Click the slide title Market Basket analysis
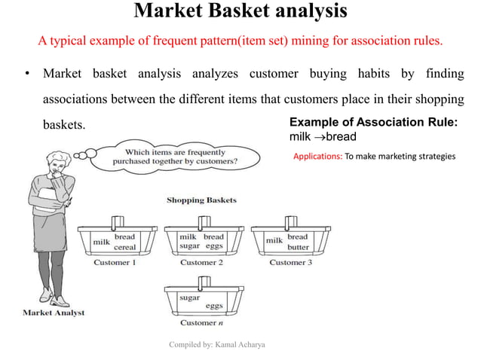pyautogui.click(x=240, y=12)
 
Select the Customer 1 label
pyautogui.click(x=115, y=263)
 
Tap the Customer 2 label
pyautogui.click(x=201, y=263)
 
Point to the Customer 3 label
pyautogui.click(x=287, y=263)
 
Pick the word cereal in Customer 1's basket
pyautogui.click(x=125, y=247)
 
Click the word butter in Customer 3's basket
pyautogui.click(x=298, y=247)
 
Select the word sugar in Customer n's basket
pyautogui.click(x=189, y=297)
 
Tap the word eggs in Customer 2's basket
pyautogui.click(x=214, y=247)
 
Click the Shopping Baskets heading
pyautogui.click(x=201, y=200)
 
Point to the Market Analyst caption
pyautogui.click(x=54, y=312)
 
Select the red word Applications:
pyautogui.click(x=317, y=157)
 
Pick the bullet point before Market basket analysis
pyautogui.click(x=26, y=74)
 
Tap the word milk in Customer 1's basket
pyautogui.click(x=101, y=243)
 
